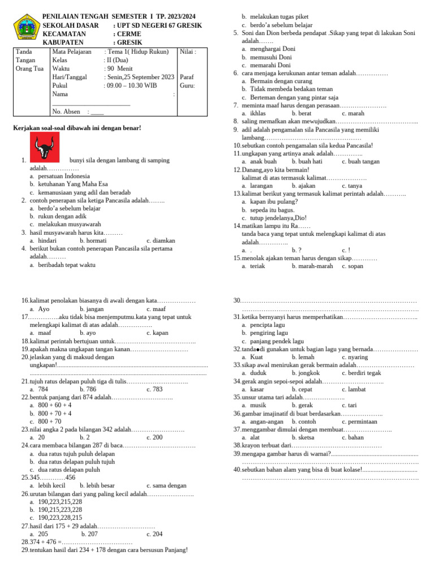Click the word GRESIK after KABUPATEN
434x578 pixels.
click(x=129, y=42)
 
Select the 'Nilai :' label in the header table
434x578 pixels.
click(x=188, y=52)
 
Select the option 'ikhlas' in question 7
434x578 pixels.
click(x=258, y=113)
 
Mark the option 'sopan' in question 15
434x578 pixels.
click(x=356, y=266)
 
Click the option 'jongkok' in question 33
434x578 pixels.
click(x=304, y=373)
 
